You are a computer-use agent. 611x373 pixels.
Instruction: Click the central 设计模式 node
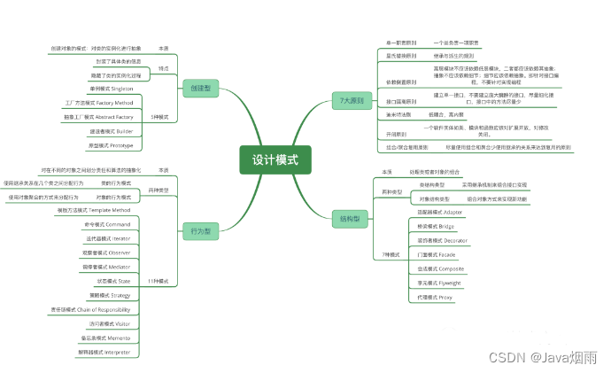tap(275, 159)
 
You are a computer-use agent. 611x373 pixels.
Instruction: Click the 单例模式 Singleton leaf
tap(111, 89)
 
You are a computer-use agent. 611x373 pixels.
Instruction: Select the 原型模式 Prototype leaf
tap(111, 144)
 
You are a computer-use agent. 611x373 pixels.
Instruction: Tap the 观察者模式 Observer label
tap(106, 253)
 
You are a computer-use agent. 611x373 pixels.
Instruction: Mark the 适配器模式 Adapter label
tap(440, 213)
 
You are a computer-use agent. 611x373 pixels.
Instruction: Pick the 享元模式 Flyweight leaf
tap(435, 283)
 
